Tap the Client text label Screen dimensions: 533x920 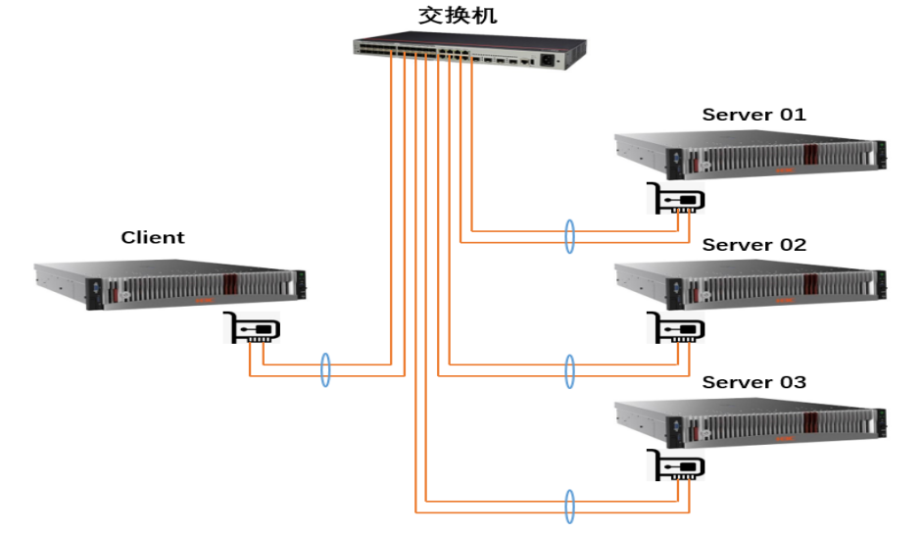coord(153,237)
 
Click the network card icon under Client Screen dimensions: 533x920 coord(252,328)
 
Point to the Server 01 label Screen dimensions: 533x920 coord(753,115)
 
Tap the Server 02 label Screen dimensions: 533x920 coord(753,245)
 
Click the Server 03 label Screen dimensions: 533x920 coord(753,381)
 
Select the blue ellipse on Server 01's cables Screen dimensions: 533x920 coord(569,237)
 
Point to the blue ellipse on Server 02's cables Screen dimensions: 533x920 coord(569,370)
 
